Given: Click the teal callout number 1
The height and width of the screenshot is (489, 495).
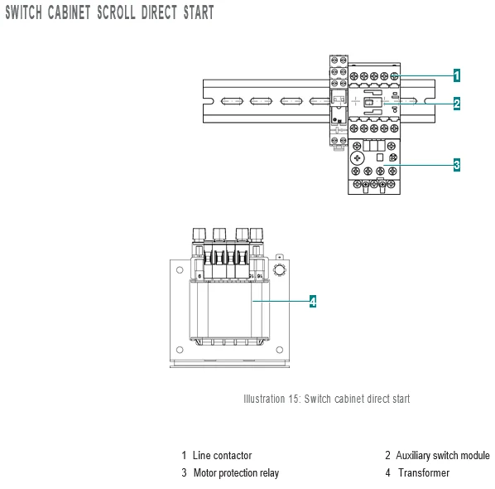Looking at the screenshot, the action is point(456,75).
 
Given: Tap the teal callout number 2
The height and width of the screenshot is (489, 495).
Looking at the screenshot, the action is point(456,104).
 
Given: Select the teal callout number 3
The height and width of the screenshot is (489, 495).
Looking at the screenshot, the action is point(456,165).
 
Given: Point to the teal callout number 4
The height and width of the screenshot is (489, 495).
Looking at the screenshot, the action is point(313,301).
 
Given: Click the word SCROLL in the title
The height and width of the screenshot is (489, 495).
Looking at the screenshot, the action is point(116,12).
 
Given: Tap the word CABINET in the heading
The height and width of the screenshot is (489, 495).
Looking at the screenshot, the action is point(69,12).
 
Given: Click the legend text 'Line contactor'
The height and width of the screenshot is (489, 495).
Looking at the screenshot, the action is point(222,455).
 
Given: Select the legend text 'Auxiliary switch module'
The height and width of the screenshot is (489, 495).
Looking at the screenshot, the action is point(443,455).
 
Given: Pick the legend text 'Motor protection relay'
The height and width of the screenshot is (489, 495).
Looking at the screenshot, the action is point(236,472).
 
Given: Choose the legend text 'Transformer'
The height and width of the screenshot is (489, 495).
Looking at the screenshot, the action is point(424,472).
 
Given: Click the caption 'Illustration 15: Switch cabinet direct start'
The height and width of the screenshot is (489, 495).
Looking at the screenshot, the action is point(327,399).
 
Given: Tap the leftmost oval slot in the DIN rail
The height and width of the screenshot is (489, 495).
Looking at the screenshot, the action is point(232,101).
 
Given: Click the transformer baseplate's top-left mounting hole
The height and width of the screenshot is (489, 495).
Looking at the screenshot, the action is point(180,270).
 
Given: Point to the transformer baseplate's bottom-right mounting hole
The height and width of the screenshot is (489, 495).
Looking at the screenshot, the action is point(280,350).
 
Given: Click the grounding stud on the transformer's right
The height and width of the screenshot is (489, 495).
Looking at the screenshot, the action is point(280,269).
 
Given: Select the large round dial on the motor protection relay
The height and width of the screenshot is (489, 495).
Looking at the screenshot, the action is point(358,158).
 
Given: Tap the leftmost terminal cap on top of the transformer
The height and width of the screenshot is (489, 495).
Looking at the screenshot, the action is point(199,235).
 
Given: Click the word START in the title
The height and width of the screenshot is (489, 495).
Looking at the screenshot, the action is point(199,12).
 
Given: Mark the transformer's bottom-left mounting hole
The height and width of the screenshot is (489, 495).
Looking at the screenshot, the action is point(180,350).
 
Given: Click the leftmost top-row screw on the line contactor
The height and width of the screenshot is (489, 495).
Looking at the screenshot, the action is point(354,76).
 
